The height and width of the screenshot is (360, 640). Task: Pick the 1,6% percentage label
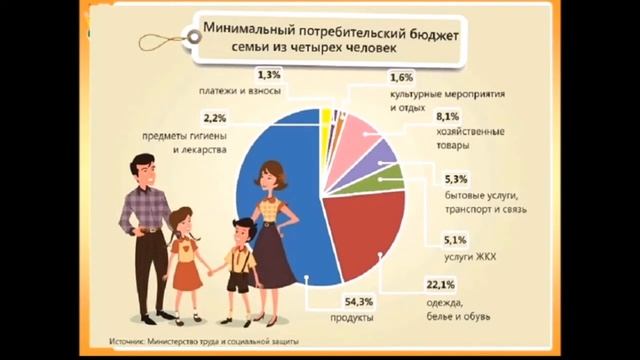pyautogui.click(x=401, y=76)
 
